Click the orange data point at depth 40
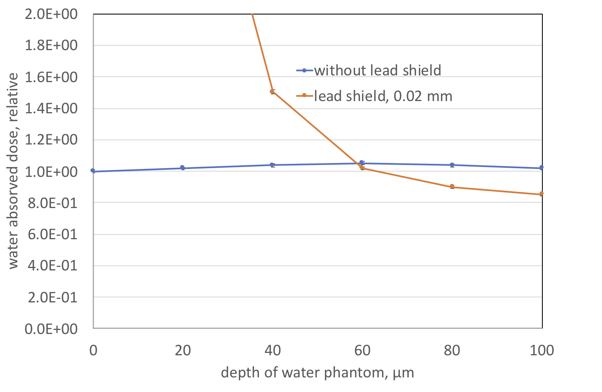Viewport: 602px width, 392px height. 272,91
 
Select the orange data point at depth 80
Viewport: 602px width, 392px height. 452,186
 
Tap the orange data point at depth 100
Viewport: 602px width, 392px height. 542,193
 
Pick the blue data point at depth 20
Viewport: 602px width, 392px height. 182,167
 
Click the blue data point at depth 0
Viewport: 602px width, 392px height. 93,171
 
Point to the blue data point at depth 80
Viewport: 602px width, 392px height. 452,165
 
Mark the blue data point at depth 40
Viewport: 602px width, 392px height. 272,165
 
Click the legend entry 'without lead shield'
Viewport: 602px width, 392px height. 377,70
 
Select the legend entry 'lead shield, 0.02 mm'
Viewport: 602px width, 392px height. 383,96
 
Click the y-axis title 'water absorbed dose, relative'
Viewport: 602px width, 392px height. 13,171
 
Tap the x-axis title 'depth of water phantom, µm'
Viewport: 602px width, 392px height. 317,372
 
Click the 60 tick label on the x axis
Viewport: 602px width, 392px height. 362,350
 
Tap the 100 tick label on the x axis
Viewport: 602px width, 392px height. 542,350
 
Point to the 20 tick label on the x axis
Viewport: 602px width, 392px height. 182,350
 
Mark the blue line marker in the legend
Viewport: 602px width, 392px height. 304,70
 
